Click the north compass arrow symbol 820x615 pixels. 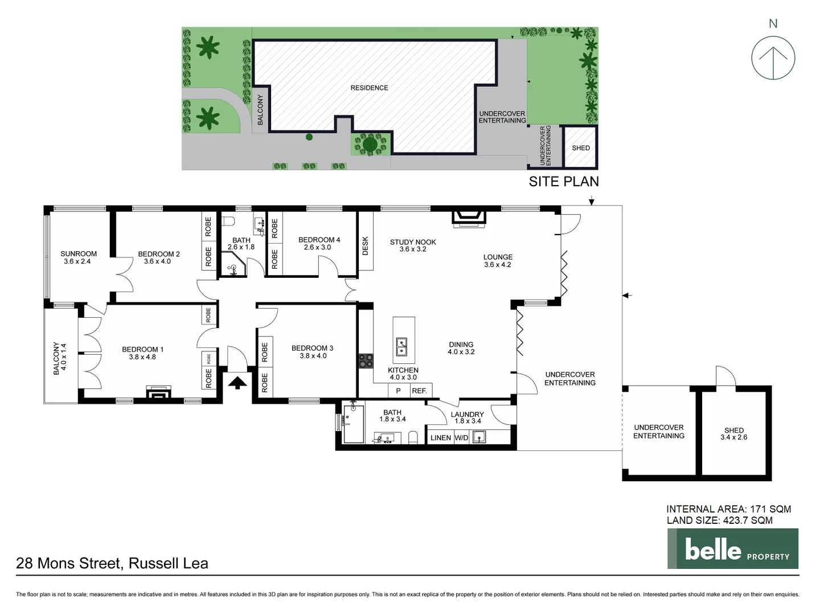tap(773, 58)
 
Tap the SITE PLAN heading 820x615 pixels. tap(563, 182)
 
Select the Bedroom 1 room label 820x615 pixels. tap(142, 353)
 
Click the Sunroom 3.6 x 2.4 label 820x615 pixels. tap(79, 257)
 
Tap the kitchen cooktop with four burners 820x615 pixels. tap(365, 360)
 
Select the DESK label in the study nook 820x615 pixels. tap(366, 245)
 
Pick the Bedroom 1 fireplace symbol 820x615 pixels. tap(158, 394)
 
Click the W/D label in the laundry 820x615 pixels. tap(461, 437)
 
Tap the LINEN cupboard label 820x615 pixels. tap(441, 437)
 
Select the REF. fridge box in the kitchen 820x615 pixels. tap(420, 391)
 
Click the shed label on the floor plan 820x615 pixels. tap(733, 434)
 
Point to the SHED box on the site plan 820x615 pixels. tap(580, 147)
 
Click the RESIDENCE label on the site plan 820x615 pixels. tap(369, 88)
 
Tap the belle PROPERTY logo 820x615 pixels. tap(733, 549)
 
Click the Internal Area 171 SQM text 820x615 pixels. tap(728, 509)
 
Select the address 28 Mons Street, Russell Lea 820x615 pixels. tap(112, 563)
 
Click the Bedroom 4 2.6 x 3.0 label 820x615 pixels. tap(319, 243)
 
